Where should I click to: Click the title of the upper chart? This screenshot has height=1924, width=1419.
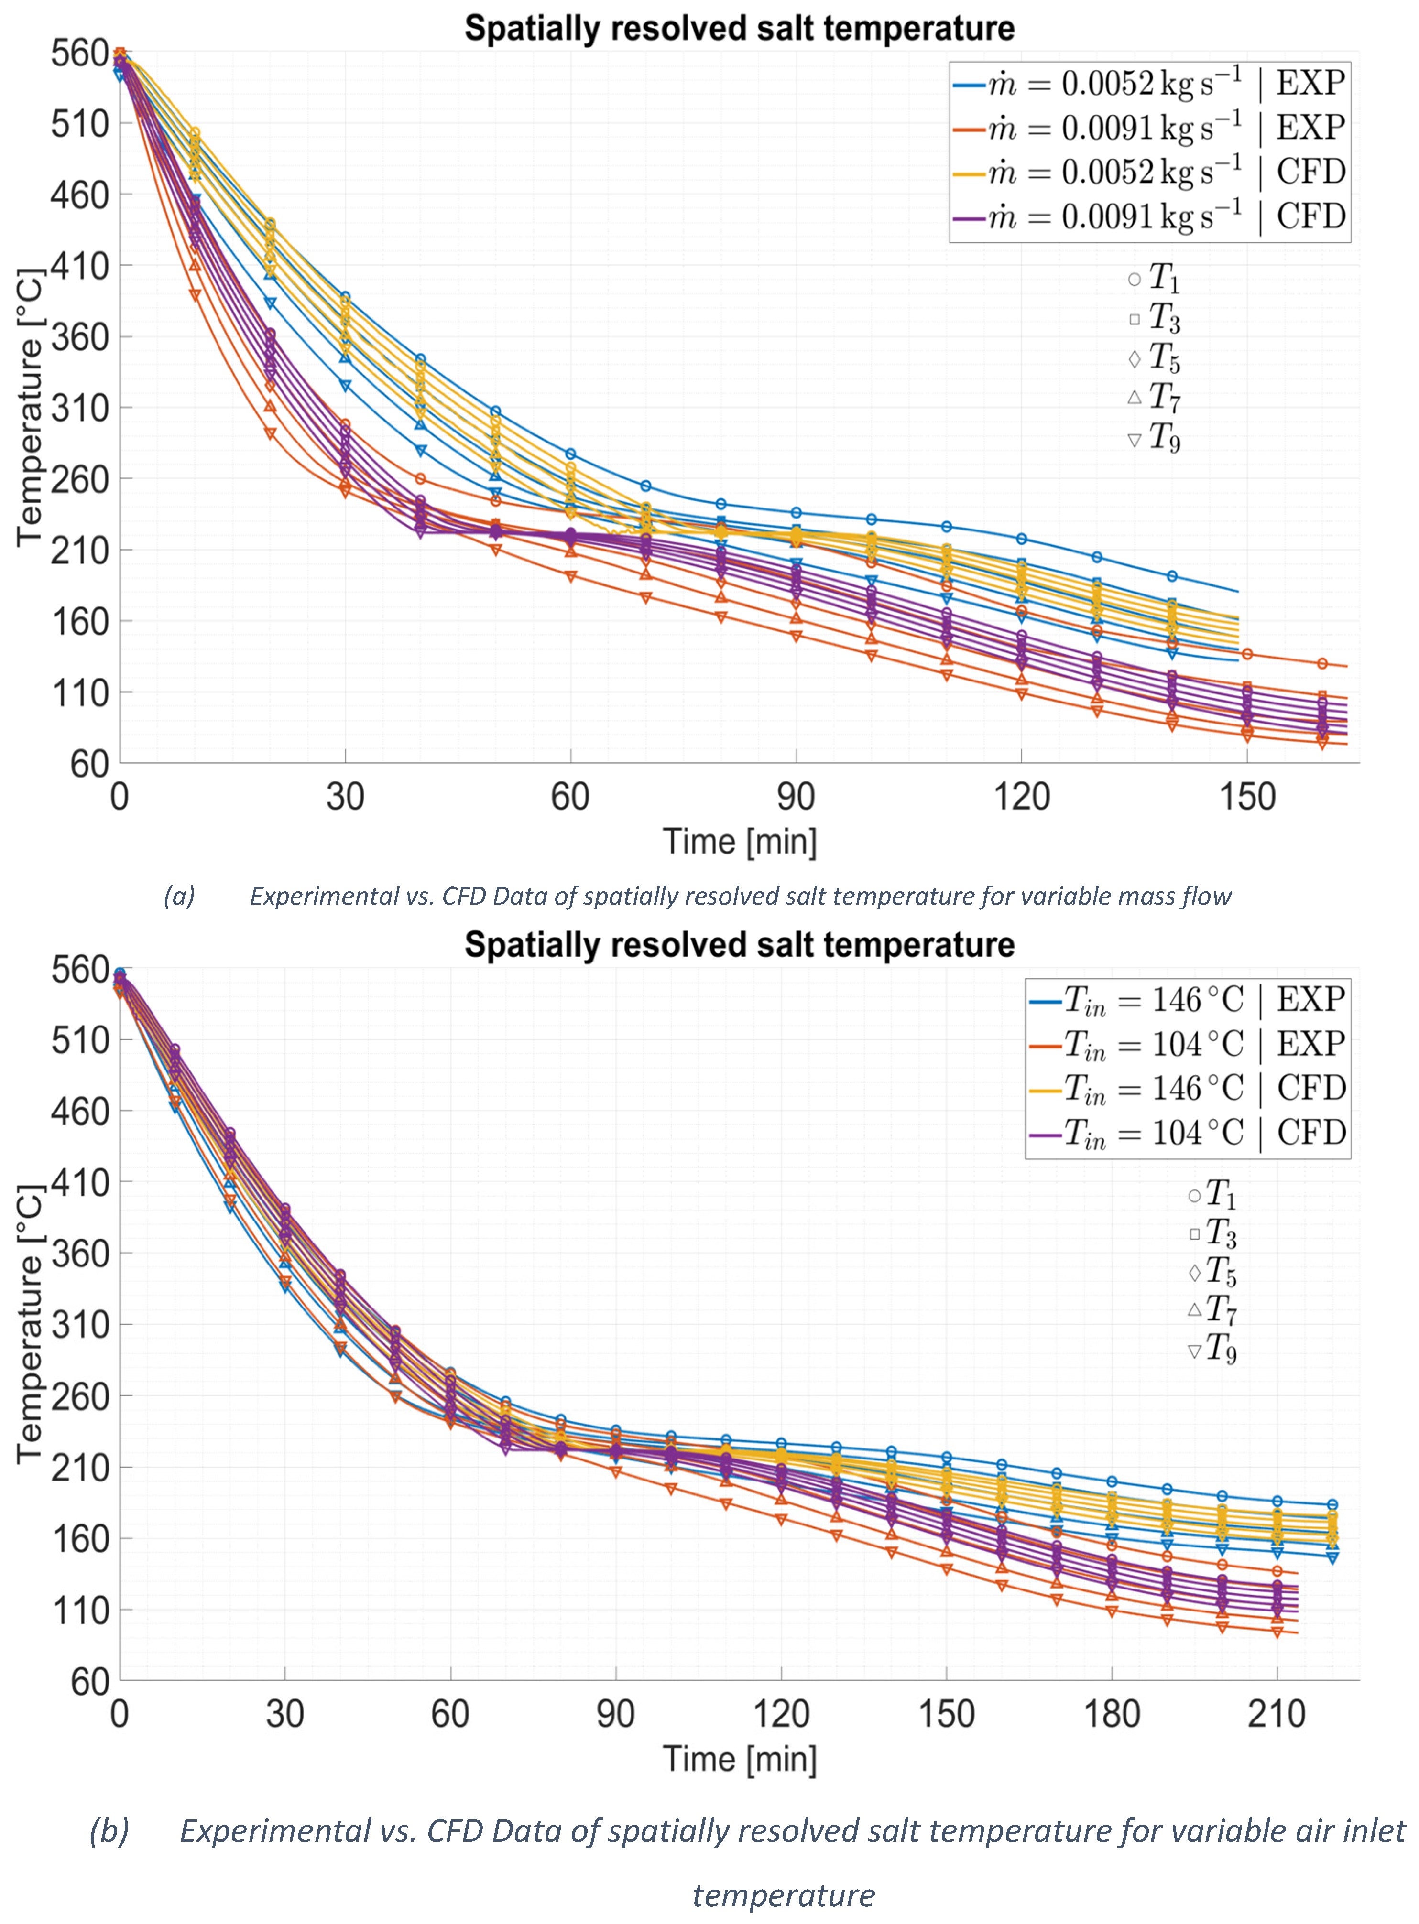740,28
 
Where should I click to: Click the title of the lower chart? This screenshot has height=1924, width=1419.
740,944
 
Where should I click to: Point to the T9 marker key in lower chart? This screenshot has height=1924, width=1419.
1194,1351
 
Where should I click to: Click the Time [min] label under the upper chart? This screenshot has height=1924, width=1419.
740,842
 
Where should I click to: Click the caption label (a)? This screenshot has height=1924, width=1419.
179,897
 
